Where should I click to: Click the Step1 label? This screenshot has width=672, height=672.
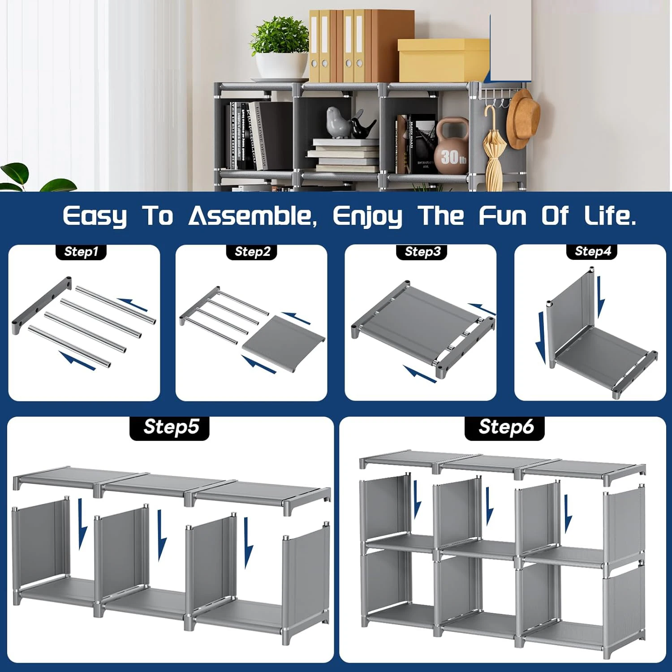pos(81,252)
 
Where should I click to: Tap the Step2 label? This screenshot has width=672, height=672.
pos(253,252)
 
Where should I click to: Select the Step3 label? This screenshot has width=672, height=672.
pos(422,252)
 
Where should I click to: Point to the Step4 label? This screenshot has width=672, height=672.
pos(593,251)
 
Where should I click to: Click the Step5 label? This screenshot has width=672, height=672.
pos(170,427)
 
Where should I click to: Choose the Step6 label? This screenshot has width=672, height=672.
pos(506,427)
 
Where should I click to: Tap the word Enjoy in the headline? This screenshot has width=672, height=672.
pos(367,217)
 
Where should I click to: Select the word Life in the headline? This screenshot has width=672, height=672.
pos(609,216)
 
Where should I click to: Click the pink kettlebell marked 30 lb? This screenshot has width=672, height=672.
pos(452,148)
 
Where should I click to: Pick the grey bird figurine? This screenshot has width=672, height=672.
pos(337,122)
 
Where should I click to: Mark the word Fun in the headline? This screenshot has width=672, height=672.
pos(503,216)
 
